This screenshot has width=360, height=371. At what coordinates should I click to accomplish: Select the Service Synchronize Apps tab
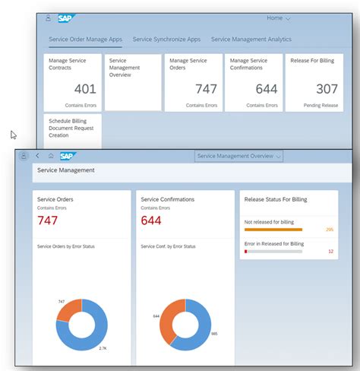coord(166,39)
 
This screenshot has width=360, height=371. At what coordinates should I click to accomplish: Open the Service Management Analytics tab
coord(251,39)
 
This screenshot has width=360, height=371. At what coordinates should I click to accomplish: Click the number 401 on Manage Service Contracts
coord(84,90)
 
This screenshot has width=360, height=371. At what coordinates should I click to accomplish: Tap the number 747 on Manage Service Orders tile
coord(206,90)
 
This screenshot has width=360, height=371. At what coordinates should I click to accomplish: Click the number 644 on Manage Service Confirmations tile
coord(266,90)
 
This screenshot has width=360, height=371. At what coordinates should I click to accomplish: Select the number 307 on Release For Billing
coord(327,90)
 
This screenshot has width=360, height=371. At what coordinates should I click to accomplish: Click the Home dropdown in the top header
coord(279,17)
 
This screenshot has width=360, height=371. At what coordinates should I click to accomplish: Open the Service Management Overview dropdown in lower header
coord(239,156)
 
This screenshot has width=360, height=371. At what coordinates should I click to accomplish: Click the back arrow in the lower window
coord(37,156)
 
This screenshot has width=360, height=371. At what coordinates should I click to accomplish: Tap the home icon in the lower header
coord(51,156)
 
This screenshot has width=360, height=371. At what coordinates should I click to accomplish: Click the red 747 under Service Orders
coord(47,221)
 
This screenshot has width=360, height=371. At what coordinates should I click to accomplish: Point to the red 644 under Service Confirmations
coord(152,221)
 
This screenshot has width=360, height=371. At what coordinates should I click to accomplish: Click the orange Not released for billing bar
coord(273,229)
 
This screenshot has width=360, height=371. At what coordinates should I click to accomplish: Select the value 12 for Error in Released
coord(330,251)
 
